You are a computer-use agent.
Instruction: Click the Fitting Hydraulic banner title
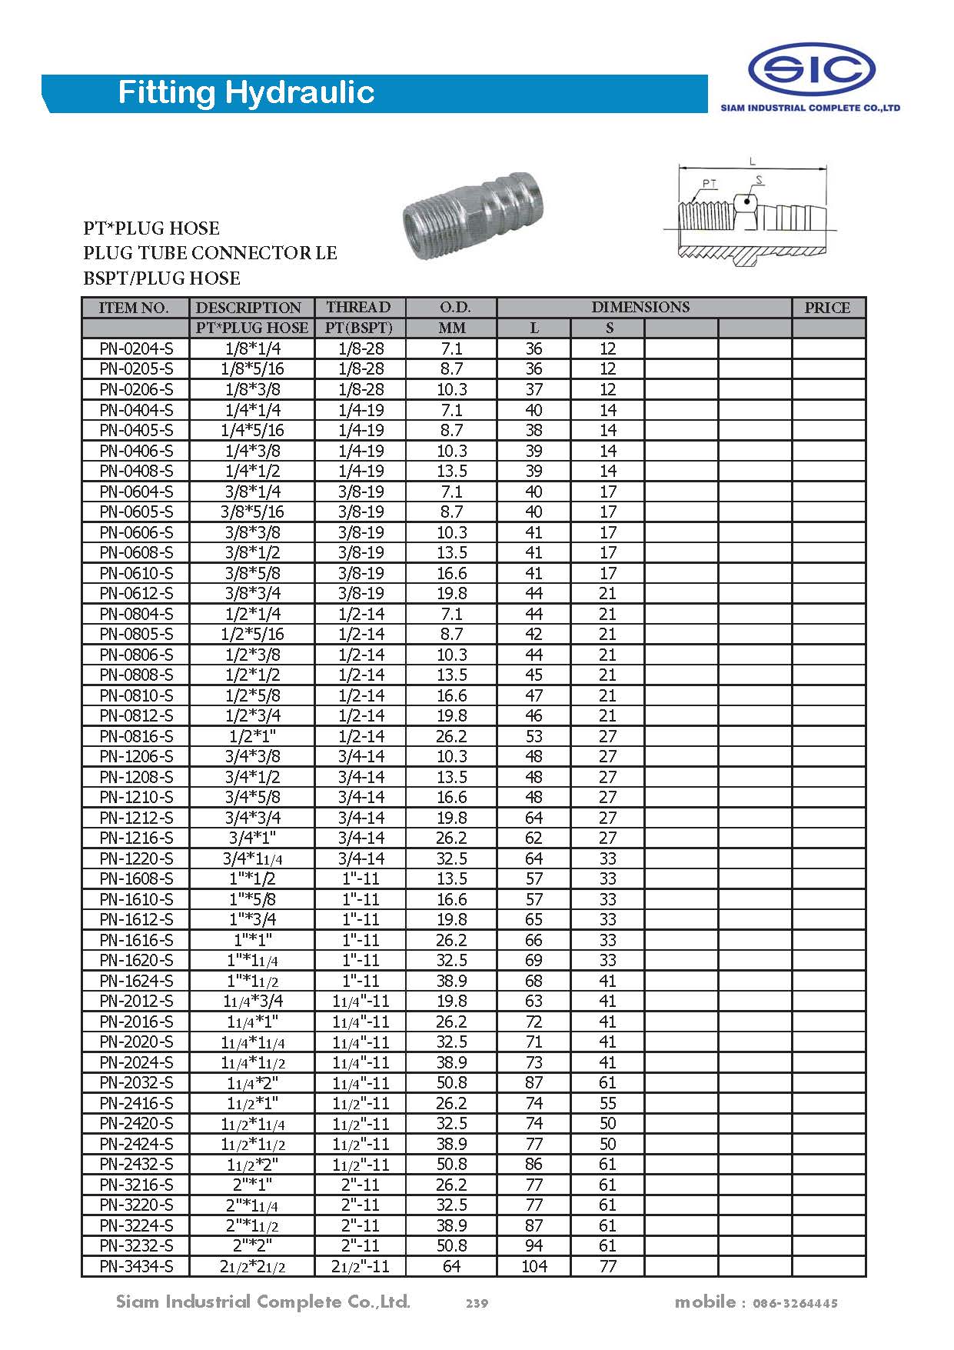pyautogui.click(x=246, y=93)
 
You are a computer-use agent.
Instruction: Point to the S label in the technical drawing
pyautogui.click(x=759, y=180)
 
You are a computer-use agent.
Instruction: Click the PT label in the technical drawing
pyautogui.click(x=709, y=184)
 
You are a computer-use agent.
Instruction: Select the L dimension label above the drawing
pyautogui.click(x=753, y=162)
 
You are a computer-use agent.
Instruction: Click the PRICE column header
pyautogui.click(x=827, y=308)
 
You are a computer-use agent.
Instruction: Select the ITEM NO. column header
pyautogui.click(x=134, y=308)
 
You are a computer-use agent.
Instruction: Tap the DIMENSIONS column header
pyautogui.click(x=640, y=307)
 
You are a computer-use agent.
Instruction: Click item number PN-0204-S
pyautogui.click(x=136, y=348)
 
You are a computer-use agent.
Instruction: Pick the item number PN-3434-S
pyautogui.click(x=136, y=1266)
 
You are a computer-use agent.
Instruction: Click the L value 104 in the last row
pyautogui.click(x=534, y=1266)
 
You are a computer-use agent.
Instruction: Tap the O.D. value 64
pyautogui.click(x=451, y=1266)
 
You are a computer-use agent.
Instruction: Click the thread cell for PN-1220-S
pyautogui.click(x=360, y=858)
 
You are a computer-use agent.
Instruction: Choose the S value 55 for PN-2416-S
pyautogui.click(x=607, y=1103)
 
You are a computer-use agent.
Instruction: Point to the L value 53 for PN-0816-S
pyautogui.click(x=534, y=736)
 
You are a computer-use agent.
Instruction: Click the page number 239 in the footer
pyautogui.click(x=477, y=1303)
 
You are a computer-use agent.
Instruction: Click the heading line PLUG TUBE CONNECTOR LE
pyautogui.click(x=210, y=253)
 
